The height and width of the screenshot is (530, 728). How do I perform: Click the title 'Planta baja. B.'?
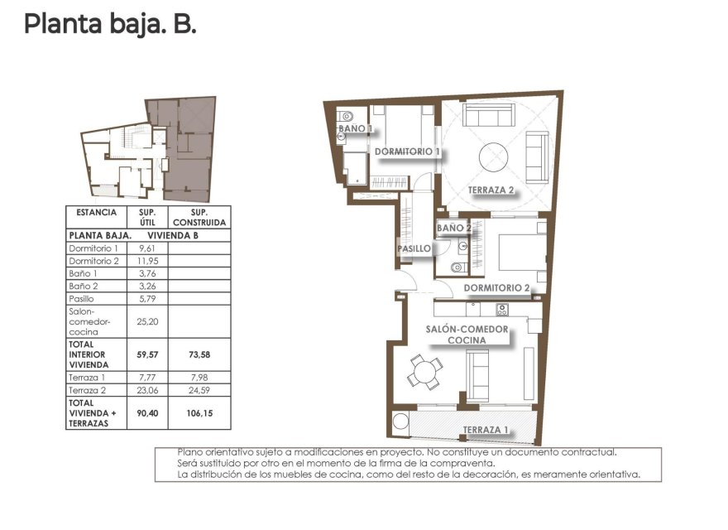(x=110, y=24)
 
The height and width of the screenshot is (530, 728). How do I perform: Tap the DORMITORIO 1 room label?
(x=407, y=152)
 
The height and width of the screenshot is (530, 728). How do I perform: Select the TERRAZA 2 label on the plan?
(x=491, y=190)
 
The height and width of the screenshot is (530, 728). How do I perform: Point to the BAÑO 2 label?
(x=453, y=228)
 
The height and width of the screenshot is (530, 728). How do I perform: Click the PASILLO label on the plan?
(x=413, y=248)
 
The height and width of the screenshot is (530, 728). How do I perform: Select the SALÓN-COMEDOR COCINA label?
(x=467, y=334)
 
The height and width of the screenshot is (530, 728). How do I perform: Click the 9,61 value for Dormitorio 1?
(x=148, y=248)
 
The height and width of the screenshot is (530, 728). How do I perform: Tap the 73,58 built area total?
(x=199, y=354)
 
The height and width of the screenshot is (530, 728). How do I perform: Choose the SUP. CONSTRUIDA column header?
(x=199, y=217)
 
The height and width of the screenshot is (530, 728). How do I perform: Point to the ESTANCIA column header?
(x=96, y=212)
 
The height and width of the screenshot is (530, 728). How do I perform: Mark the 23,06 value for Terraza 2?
(x=148, y=388)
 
